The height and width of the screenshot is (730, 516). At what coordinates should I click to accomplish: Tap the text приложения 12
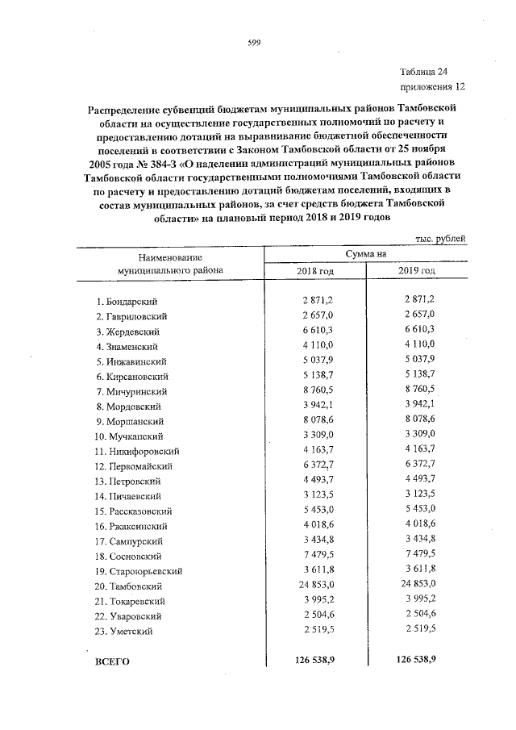[432, 86]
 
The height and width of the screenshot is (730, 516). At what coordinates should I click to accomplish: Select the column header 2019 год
[416, 271]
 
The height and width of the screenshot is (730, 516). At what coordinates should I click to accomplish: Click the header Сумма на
[366, 254]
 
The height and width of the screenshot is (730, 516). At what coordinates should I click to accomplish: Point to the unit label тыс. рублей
[440, 240]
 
